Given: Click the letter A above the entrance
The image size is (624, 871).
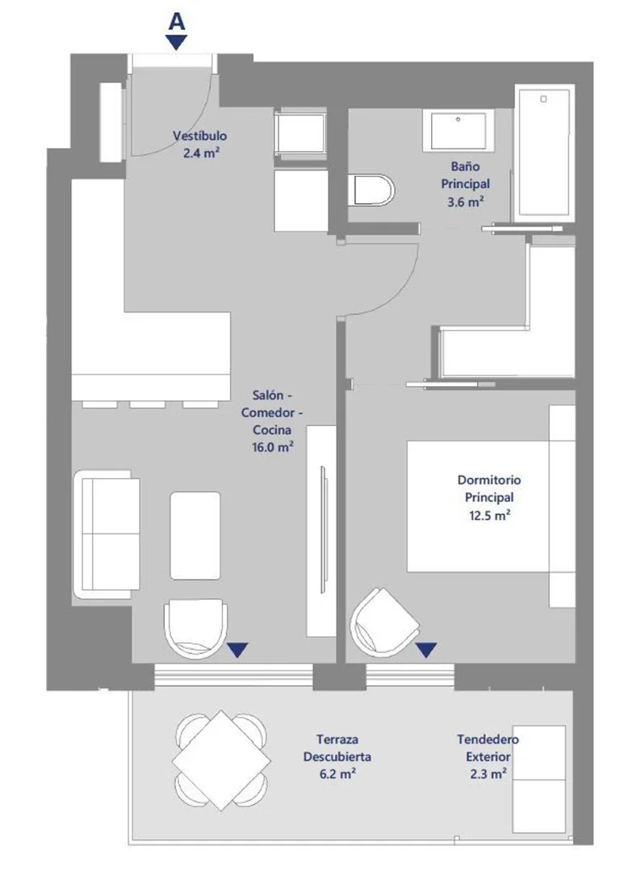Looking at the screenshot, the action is tap(176, 22).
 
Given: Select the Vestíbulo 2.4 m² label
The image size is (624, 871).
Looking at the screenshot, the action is tap(200, 144).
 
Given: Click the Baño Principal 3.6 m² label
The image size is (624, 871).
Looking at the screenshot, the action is tap(466, 184).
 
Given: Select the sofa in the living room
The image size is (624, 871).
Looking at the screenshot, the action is tap(107, 534).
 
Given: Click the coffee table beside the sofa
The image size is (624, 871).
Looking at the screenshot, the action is tap(195, 535).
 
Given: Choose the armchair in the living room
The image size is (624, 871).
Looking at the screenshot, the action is tap(195, 628).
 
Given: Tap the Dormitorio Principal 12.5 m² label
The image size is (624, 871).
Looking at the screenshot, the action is tap(489, 498).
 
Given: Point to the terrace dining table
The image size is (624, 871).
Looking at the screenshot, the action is tap(221, 760).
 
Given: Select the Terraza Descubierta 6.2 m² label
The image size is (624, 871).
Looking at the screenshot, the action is tap(337, 756).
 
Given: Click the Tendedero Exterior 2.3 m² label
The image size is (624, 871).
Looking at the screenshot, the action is tap(488, 756).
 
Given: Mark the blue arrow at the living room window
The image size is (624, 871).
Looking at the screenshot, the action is tap(238, 650).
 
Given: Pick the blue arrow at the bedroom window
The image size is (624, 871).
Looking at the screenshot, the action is tap(426, 650).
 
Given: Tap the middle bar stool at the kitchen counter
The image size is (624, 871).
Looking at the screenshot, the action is tap(147, 404).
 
